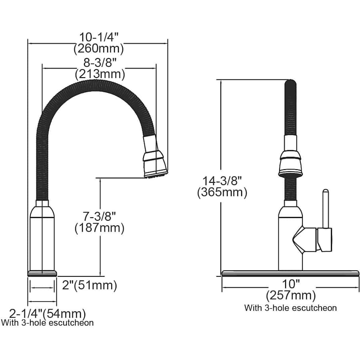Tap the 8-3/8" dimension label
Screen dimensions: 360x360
coord(100,62)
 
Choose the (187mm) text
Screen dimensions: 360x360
coord(100,228)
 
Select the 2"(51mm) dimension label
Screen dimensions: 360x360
coord(90,285)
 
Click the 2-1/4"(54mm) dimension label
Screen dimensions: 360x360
coord(47,313)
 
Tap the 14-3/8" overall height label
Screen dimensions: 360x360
coord(222,180)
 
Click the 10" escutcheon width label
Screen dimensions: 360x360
coord(291,284)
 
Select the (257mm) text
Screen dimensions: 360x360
coord(291,296)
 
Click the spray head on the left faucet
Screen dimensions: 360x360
coord(154,160)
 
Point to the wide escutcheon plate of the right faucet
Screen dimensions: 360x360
coord(290,273)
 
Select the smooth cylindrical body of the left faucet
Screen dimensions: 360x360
coord(42,238)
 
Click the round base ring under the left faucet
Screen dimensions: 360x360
coord(42,274)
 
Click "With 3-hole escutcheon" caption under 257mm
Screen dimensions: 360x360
coord(290,308)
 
